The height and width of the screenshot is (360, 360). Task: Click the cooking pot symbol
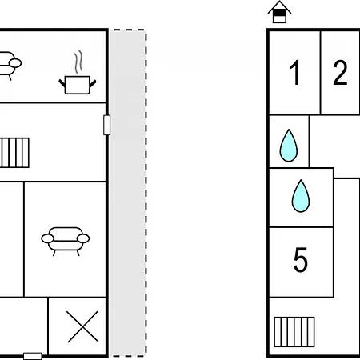click(x=78, y=85)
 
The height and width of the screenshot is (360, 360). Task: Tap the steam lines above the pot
click(x=78, y=62)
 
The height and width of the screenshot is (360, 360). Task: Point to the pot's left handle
click(x=62, y=83)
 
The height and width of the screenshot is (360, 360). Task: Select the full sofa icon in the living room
click(x=66, y=242)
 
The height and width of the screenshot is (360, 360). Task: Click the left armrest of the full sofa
click(x=48, y=238)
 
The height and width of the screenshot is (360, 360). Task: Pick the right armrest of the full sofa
click(x=83, y=238)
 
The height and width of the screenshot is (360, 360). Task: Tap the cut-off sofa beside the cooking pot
click(x=10, y=66)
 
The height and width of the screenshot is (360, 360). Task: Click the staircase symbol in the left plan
click(x=14, y=153)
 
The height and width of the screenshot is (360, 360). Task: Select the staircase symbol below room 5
click(x=294, y=332)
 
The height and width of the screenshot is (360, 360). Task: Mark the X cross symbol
click(x=82, y=326)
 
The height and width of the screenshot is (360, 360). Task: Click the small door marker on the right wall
click(x=107, y=125)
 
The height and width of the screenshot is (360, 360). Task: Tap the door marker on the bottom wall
click(x=33, y=356)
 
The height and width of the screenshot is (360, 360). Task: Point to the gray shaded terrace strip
click(x=128, y=193)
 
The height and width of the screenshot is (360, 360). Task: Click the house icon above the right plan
click(x=279, y=12)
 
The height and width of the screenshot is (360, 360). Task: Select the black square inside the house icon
click(x=279, y=13)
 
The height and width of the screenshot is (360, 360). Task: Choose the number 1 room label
click(x=295, y=73)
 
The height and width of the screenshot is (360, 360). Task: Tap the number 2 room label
click(x=340, y=73)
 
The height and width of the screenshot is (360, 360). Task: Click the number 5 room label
click(x=301, y=259)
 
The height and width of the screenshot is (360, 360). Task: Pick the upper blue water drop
click(x=289, y=146)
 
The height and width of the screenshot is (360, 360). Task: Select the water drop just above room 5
click(x=301, y=196)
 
